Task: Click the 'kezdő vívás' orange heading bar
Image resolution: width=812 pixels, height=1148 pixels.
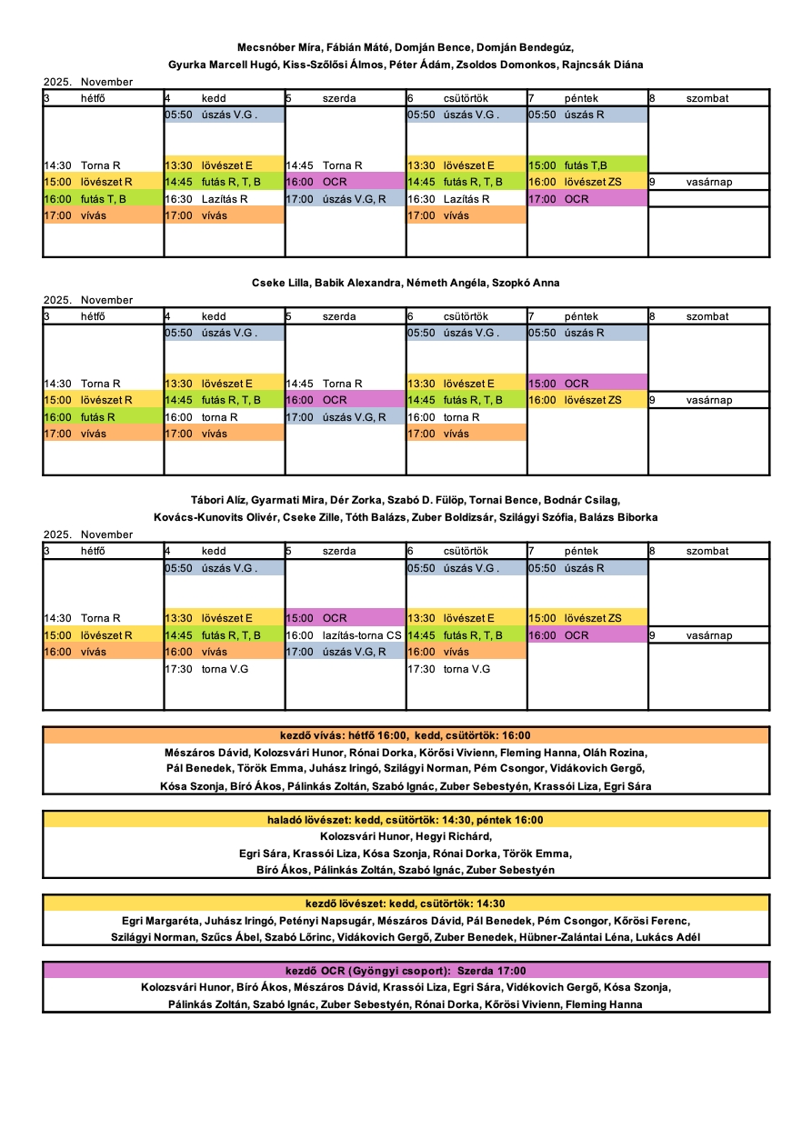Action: [406, 735]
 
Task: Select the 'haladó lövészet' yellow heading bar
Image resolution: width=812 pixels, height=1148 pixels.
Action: [406, 820]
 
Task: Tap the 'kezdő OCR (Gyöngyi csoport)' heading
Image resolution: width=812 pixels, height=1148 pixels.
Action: [406, 971]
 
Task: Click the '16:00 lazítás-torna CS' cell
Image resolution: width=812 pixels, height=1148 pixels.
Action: [345, 635]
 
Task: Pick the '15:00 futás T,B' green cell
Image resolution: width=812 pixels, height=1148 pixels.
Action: [587, 165]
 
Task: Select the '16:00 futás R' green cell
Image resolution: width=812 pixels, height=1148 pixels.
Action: [103, 417]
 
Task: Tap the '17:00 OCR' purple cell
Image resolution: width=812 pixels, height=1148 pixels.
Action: [587, 199]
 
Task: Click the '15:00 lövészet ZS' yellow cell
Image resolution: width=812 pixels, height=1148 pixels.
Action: [587, 618]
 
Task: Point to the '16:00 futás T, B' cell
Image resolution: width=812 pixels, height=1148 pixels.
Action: [103, 199]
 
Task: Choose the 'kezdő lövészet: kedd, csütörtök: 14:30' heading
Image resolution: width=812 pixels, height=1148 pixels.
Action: [406, 903]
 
